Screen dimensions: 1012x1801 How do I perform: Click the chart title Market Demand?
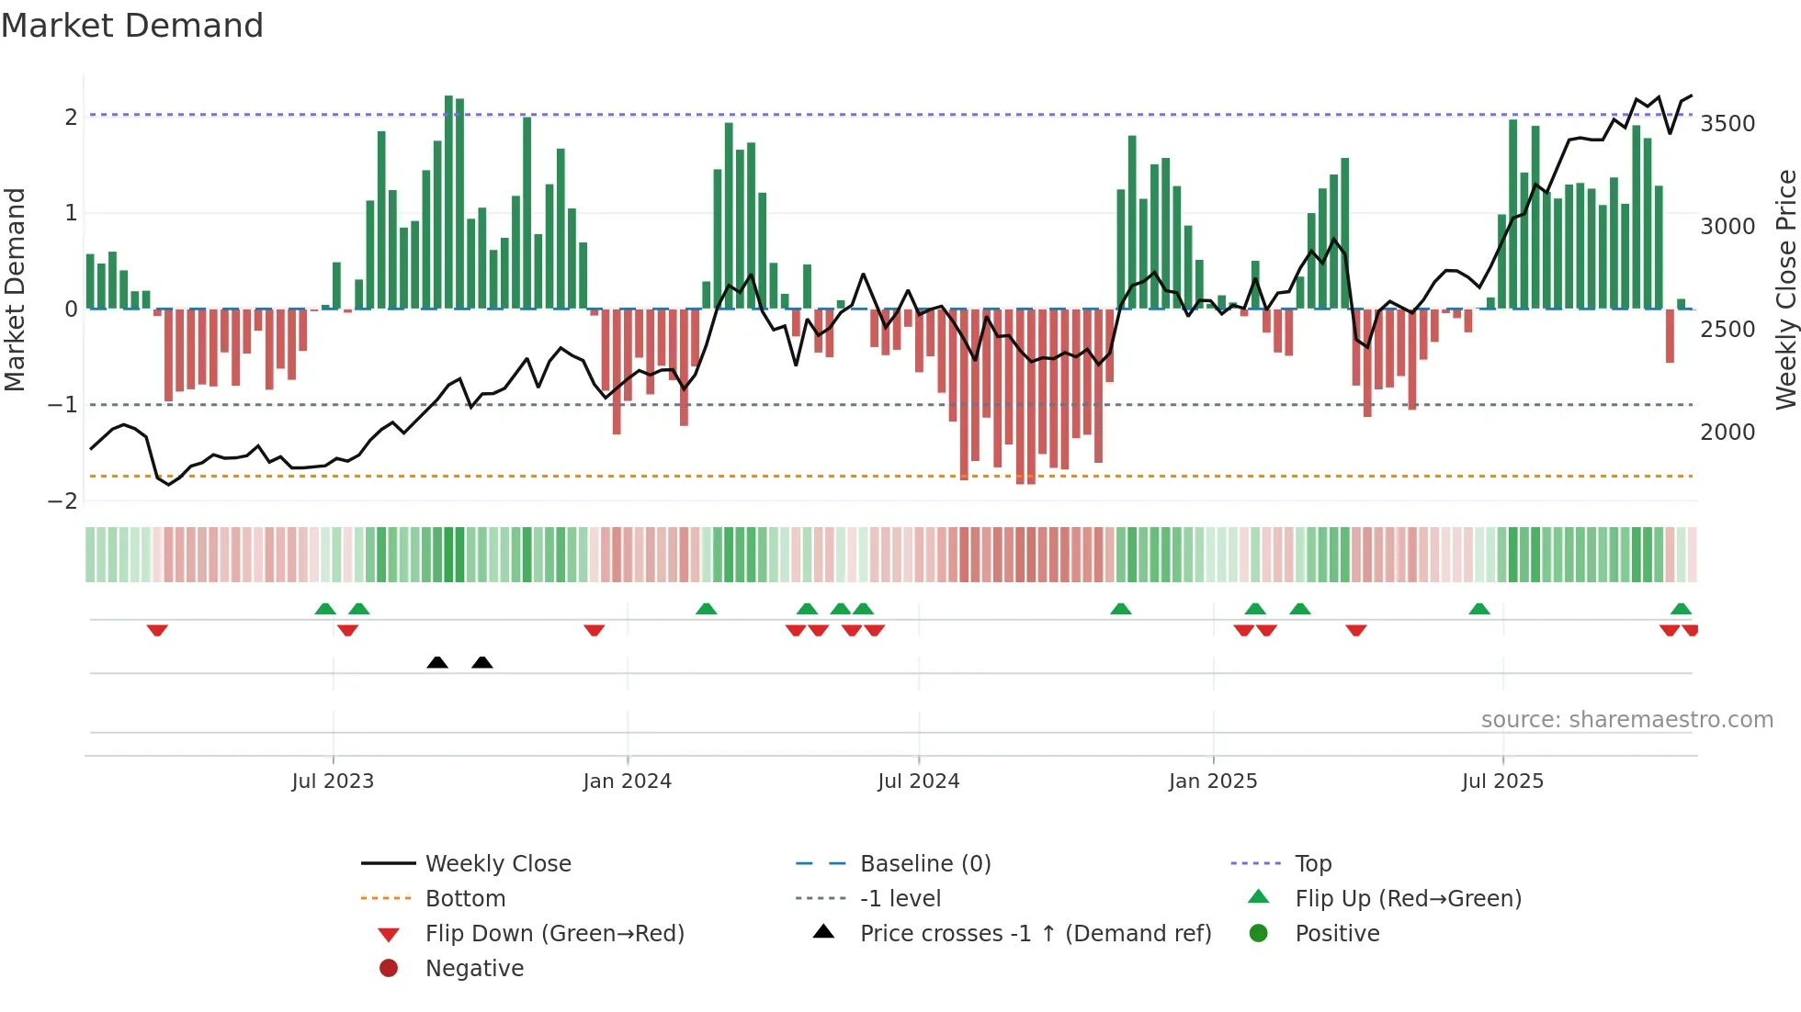[x=132, y=26]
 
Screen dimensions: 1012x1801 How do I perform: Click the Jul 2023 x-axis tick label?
[x=333, y=781]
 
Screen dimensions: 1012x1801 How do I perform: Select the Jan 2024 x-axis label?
[x=628, y=781]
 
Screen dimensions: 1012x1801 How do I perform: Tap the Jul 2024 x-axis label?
[x=919, y=781]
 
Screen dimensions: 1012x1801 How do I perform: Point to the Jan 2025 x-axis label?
[x=1213, y=781]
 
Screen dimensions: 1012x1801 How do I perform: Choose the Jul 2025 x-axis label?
[x=1503, y=781]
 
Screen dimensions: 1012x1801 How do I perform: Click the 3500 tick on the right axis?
[x=1727, y=124]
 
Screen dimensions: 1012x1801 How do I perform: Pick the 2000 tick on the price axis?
[x=1727, y=433]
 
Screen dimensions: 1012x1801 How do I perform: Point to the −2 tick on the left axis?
[x=62, y=501]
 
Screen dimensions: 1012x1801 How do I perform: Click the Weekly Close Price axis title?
[x=1785, y=289]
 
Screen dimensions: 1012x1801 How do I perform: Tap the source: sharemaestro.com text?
[x=1626, y=720]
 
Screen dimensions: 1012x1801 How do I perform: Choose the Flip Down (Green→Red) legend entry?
[x=554, y=934]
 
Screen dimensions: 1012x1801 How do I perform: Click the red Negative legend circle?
[x=389, y=969]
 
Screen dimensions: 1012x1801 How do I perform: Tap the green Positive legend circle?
[x=1259, y=934]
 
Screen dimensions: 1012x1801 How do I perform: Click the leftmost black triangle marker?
[x=437, y=662]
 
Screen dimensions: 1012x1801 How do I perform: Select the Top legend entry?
[x=1313, y=864]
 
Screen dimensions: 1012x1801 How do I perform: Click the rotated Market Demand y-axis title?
[x=16, y=289]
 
